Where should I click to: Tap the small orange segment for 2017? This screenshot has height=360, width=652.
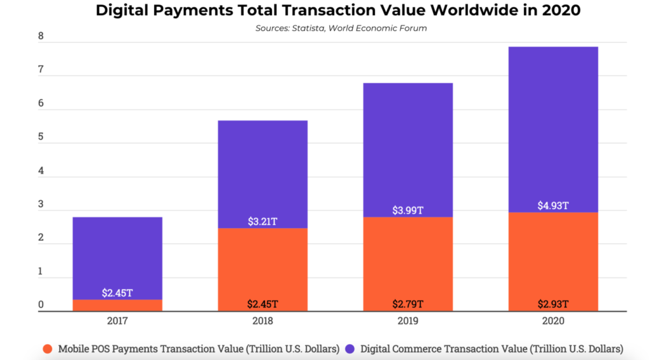117,305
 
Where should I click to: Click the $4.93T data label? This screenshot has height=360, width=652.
553,205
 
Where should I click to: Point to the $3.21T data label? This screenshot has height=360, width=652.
263,222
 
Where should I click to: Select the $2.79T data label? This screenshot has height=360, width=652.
408,304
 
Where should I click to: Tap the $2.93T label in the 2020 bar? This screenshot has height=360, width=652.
553,304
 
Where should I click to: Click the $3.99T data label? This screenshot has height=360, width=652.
408,210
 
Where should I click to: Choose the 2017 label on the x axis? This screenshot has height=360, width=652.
117,321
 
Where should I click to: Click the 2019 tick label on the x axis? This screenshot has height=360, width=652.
408,321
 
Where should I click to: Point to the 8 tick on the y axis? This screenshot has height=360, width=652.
41,37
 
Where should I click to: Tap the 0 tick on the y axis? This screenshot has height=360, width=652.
41,305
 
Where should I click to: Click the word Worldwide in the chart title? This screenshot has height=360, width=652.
449,11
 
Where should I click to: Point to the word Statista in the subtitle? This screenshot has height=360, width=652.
310,28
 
